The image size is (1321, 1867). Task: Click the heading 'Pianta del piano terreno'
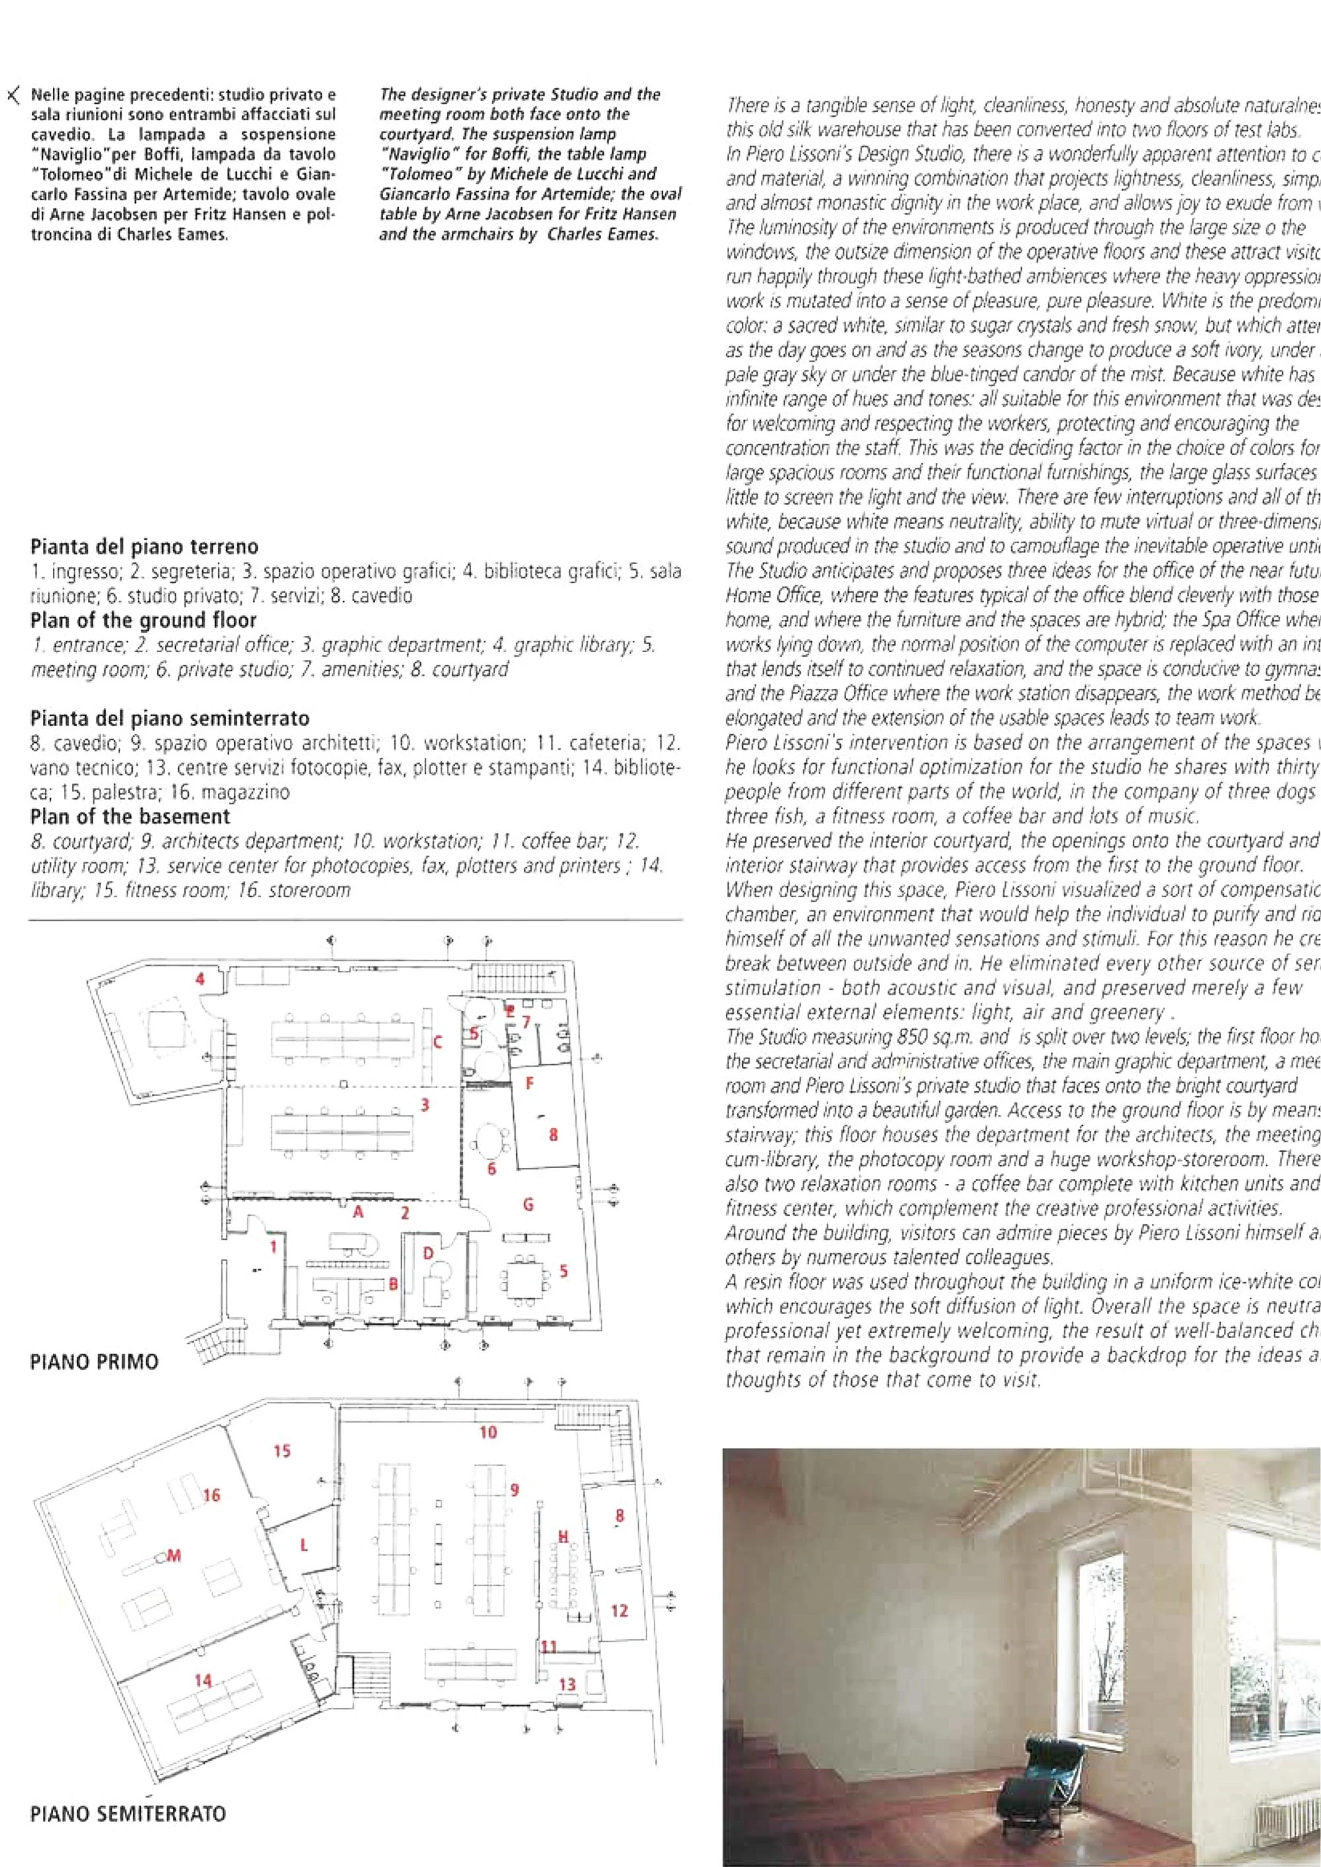pos(144,546)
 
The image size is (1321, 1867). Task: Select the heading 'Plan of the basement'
pos(130,816)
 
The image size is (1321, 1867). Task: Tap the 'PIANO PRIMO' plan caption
pos(94,1361)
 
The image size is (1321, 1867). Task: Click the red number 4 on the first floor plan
pos(200,978)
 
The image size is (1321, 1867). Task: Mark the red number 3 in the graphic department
pos(425,1104)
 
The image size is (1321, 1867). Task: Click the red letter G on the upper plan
pos(528,1204)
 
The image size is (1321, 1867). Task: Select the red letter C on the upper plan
pos(438,1041)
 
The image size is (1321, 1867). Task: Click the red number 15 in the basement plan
pos(281,1451)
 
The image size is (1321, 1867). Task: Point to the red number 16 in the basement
pos(211,1494)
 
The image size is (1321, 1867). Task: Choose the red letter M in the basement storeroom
pos(173,1555)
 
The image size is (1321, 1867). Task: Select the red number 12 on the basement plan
pos(619,1610)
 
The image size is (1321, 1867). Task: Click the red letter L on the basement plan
pos(303,1545)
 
